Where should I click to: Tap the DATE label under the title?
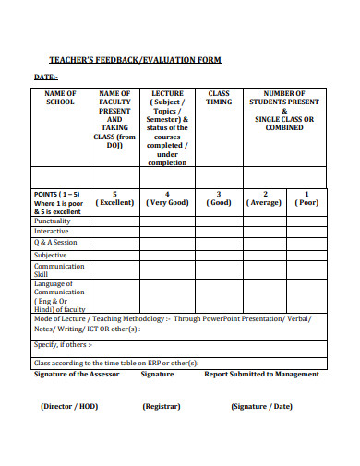45,78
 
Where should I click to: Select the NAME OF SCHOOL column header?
59,98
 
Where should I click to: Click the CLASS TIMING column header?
219,98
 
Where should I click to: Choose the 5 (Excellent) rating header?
114,198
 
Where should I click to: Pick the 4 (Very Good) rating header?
166,198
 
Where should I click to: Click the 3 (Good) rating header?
219,198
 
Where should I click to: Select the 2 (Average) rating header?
265,198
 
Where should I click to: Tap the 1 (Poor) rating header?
306,198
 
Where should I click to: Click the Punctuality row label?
52,221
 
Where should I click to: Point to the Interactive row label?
51,232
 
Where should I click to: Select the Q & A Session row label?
55,243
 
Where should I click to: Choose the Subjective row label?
50,255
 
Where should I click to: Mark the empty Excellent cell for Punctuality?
114,221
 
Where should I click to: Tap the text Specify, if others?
62,344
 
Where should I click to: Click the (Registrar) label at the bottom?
161,406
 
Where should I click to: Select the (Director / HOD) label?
70,406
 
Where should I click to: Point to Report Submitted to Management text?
261,374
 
